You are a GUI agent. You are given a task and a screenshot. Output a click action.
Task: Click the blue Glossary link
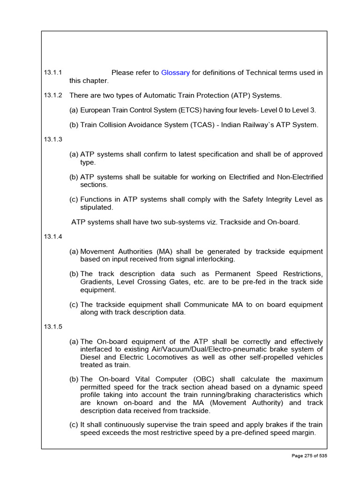click(175, 73)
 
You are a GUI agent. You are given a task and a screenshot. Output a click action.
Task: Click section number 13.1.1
click(53, 73)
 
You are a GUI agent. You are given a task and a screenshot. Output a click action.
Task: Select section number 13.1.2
click(53, 95)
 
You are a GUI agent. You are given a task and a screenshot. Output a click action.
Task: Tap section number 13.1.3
click(53, 139)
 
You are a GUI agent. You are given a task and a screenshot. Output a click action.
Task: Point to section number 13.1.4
click(53, 237)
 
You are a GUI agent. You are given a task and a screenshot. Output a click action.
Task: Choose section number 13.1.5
click(53, 326)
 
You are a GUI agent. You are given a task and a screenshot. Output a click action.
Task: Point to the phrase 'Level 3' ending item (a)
click(304, 110)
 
